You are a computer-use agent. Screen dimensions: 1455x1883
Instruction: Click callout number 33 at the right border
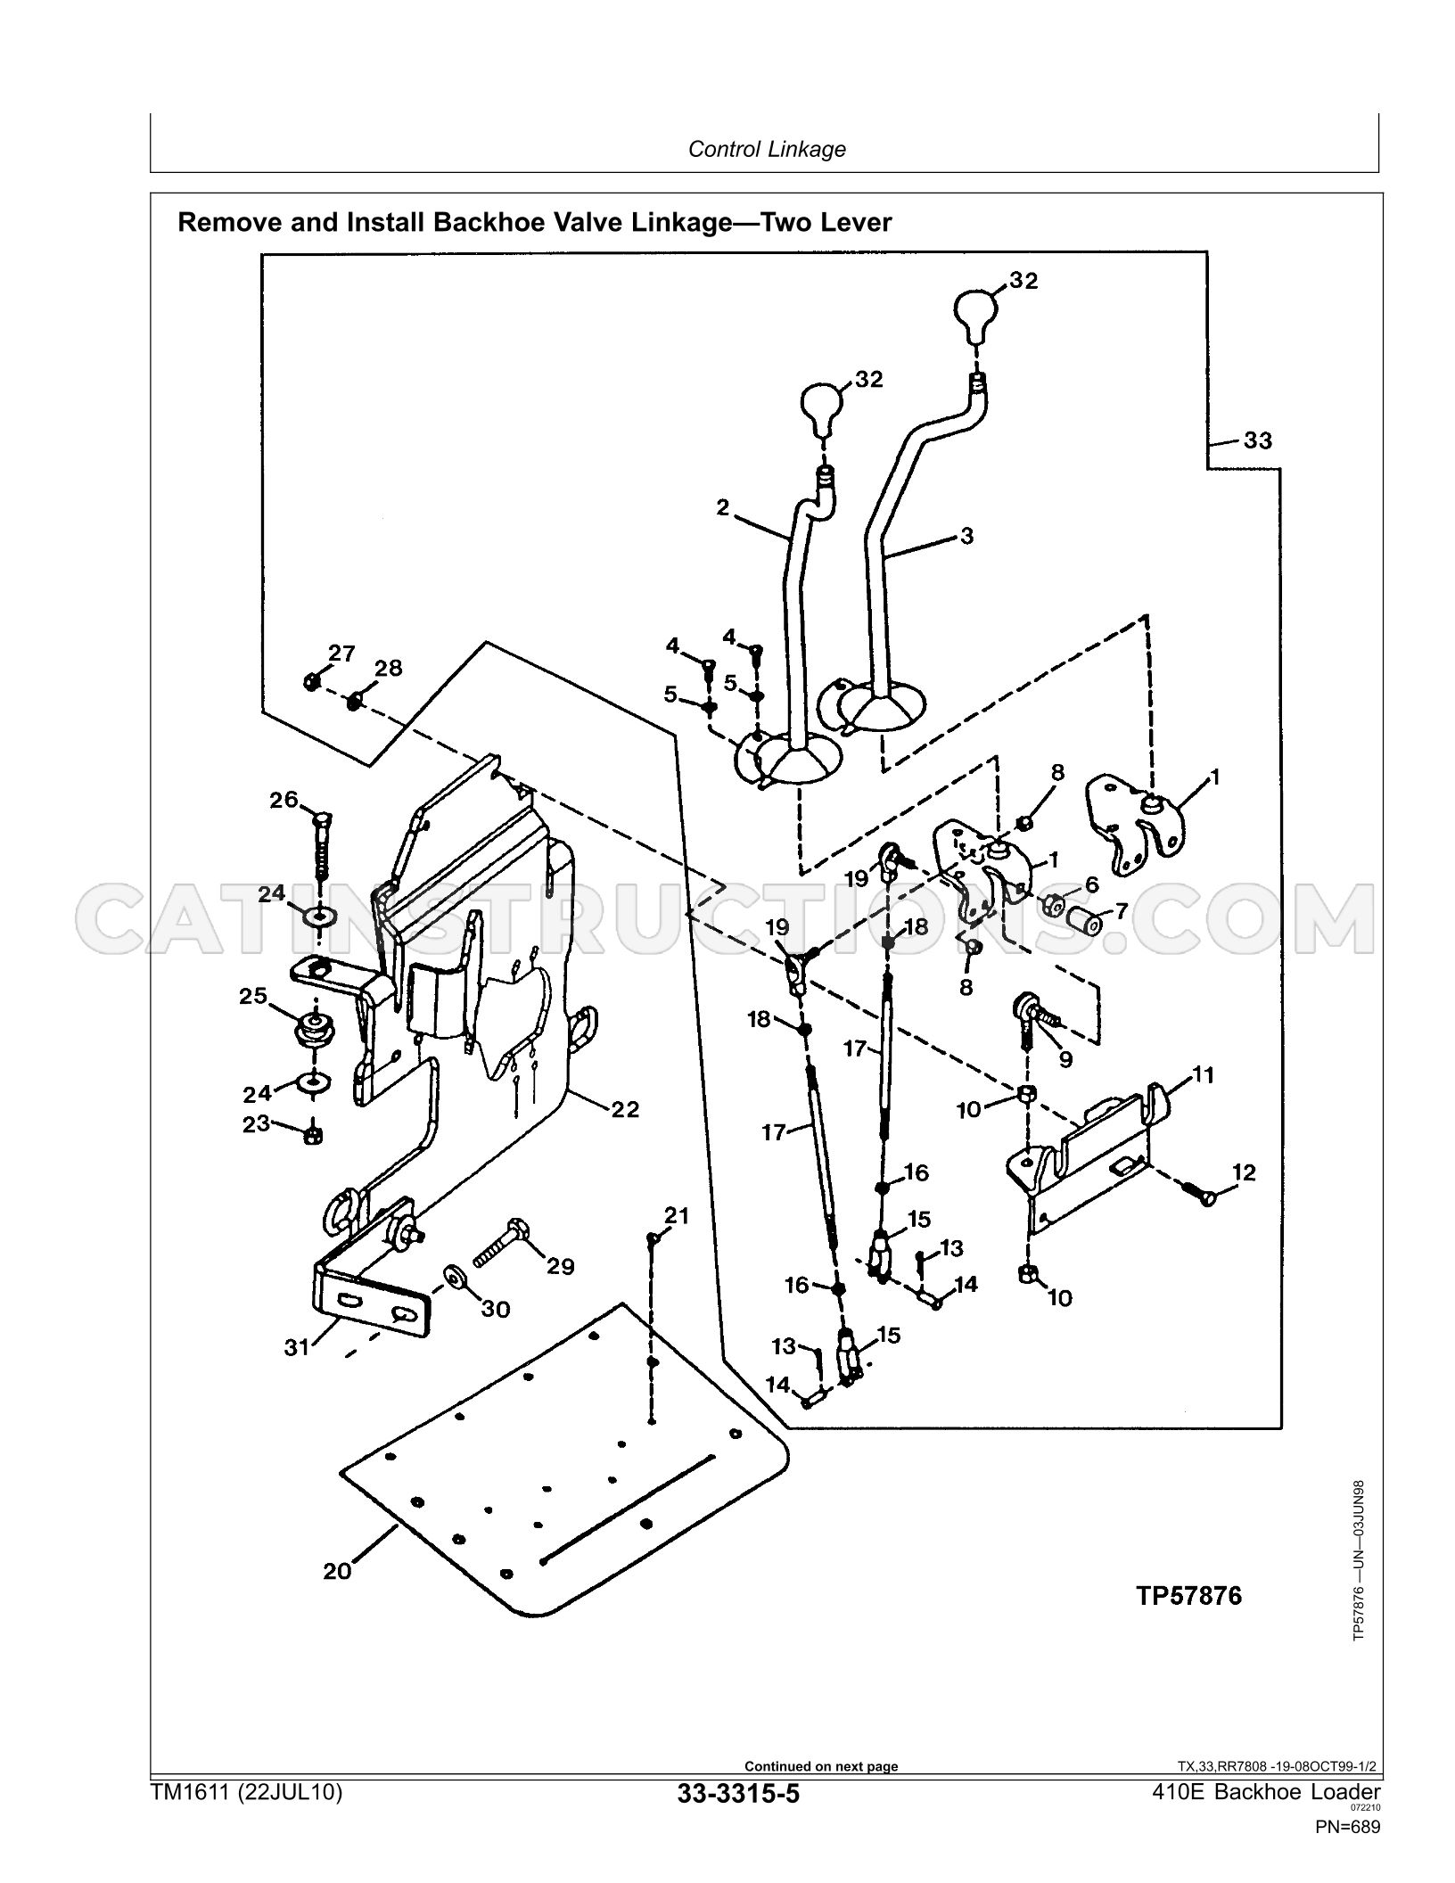click(1257, 440)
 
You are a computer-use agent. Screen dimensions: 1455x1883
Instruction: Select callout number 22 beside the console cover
click(625, 1110)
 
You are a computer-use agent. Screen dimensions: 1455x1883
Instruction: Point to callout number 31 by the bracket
click(296, 1347)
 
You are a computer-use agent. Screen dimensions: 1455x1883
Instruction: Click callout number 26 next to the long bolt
click(284, 800)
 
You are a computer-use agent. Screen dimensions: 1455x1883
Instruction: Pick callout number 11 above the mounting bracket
click(1204, 1075)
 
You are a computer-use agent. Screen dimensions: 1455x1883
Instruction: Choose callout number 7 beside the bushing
click(1121, 911)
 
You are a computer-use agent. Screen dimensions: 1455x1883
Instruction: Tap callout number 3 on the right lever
click(967, 536)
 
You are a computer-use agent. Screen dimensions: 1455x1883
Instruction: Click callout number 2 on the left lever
click(722, 507)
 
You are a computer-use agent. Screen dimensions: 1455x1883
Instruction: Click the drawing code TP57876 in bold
click(1188, 1595)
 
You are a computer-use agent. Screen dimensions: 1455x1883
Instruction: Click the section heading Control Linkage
click(767, 149)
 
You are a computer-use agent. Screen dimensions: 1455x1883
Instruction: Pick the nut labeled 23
click(313, 1135)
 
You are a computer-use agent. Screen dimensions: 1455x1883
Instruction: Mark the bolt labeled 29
click(500, 1242)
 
